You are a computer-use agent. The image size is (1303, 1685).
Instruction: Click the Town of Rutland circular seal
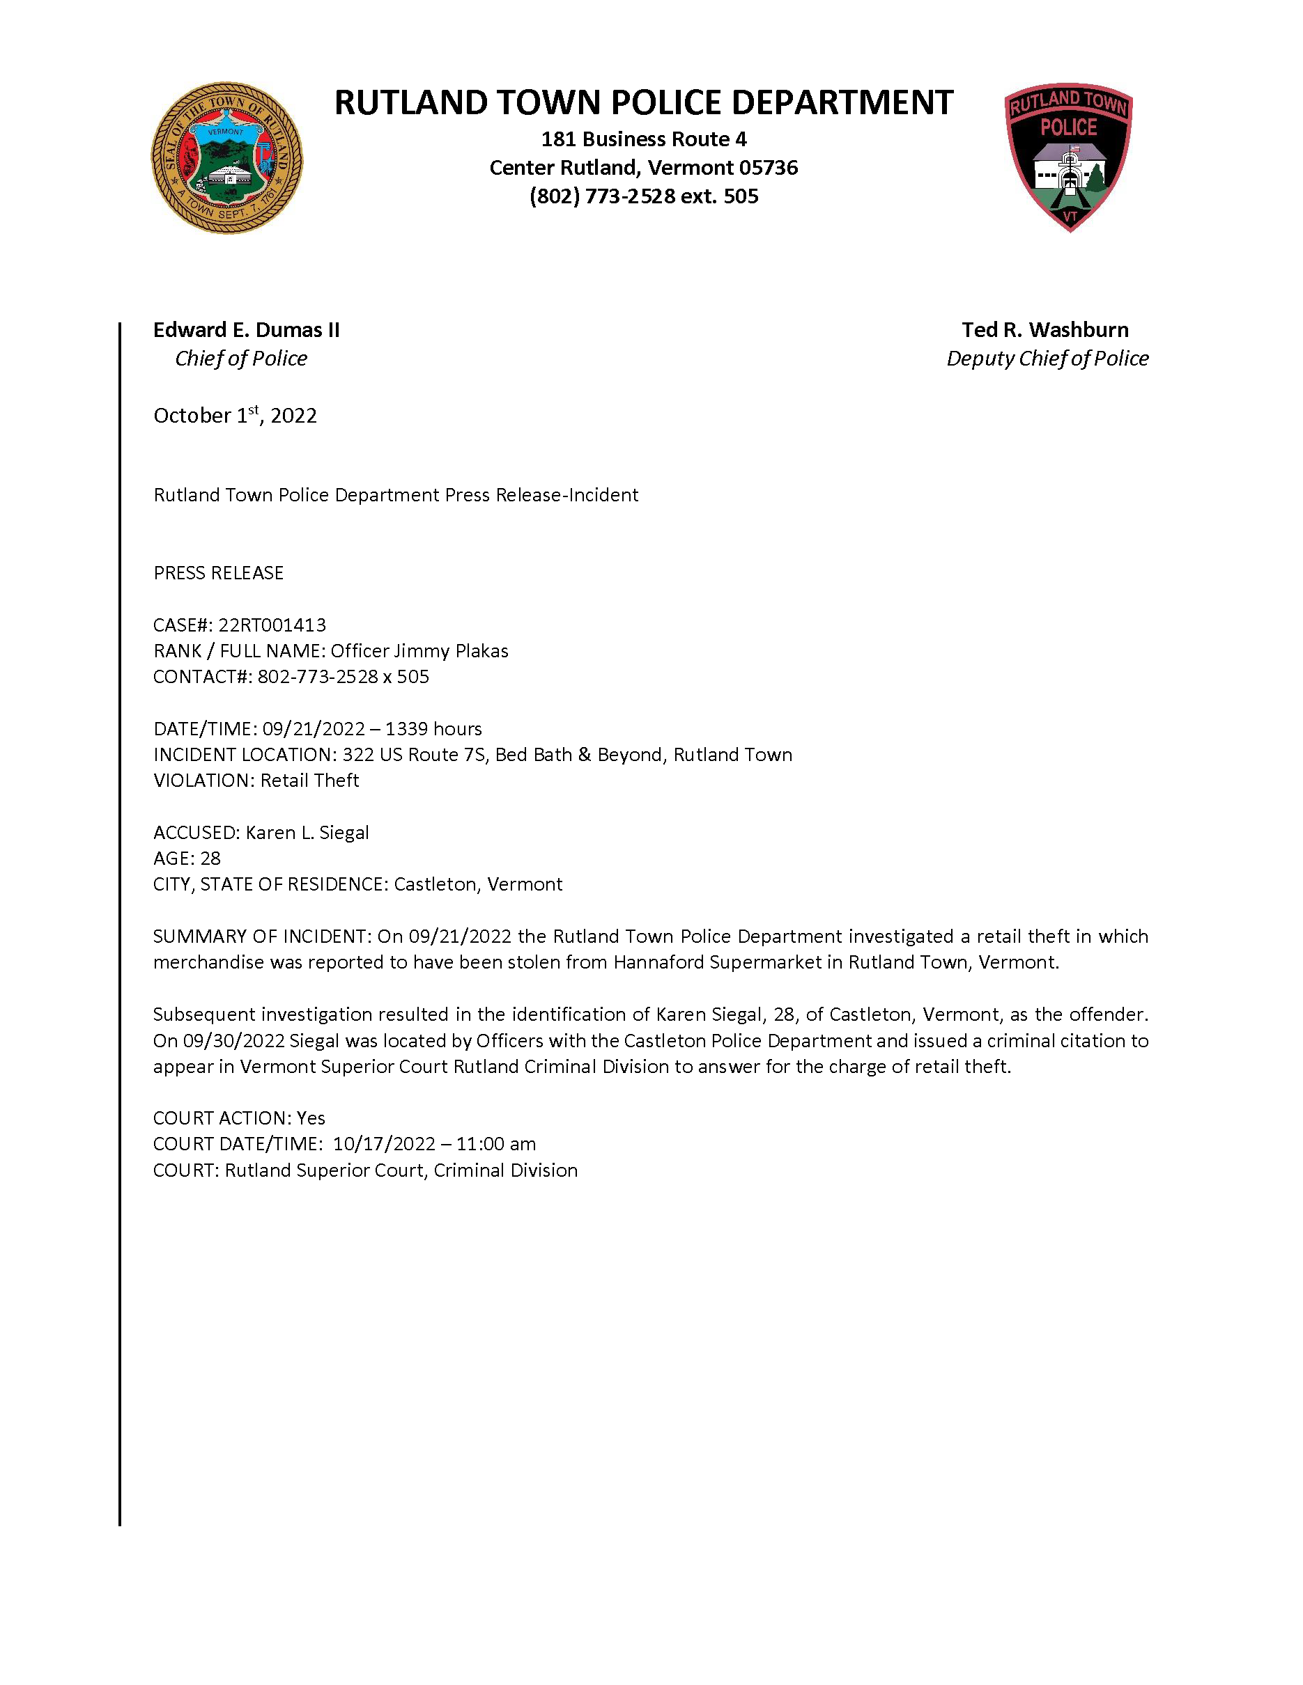pyautogui.click(x=226, y=158)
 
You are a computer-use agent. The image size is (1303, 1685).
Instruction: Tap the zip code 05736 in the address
pyautogui.click(x=768, y=167)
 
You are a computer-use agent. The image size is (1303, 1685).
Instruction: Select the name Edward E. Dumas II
pyautogui.click(x=246, y=330)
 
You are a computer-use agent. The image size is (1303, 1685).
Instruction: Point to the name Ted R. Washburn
pyautogui.click(x=1044, y=330)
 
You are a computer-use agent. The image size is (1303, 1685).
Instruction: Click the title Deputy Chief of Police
pyautogui.click(x=1047, y=359)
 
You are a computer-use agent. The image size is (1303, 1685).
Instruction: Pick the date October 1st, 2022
pyautogui.click(x=235, y=416)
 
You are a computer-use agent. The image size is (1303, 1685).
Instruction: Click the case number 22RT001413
pyautogui.click(x=272, y=625)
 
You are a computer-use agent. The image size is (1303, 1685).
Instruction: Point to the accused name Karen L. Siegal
pyautogui.click(x=307, y=833)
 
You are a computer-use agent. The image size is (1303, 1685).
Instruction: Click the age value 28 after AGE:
pyautogui.click(x=210, y=859)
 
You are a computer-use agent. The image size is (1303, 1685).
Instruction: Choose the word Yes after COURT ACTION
pyautogui.click(x=311, y=1118)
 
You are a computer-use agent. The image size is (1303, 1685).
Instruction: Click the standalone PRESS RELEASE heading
pyautogui.click(x=219, y=572)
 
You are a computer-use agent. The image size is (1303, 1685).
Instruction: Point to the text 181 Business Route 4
pyautogui.click(x=644, y=139)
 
